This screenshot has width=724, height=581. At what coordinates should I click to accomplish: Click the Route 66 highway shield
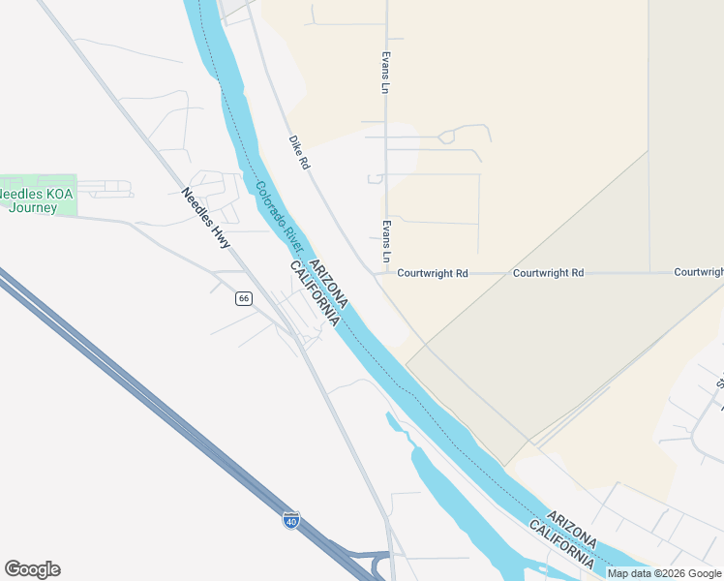click(x=244, y=298)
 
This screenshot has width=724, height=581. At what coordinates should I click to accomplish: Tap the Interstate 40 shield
click(x=291, y=520)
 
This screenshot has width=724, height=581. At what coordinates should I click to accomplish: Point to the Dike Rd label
click(x=298, y=152)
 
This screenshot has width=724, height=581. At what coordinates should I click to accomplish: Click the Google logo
click(x=32, y=569)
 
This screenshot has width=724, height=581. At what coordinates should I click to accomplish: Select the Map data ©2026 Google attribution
click(x=665, y=573)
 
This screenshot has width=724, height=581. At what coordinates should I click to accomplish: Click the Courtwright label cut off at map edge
click(x=699, y=273)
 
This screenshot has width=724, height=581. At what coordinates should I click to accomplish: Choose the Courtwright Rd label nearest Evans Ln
click(x=433, y=274)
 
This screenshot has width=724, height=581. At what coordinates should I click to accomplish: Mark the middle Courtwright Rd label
click(x=548, y=273)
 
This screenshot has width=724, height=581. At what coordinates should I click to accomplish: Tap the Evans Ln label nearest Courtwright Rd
click(x=385, y=240)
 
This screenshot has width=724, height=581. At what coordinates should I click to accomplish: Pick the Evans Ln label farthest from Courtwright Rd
click(x=385, y=73)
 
